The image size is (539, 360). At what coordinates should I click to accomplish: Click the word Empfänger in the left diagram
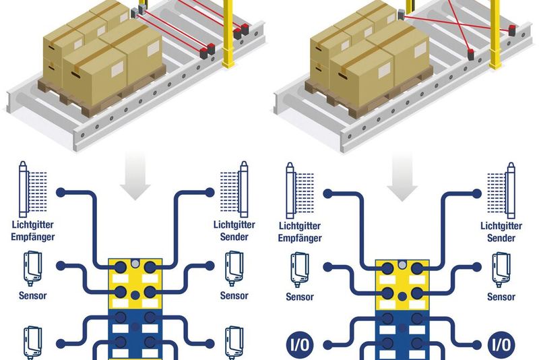(x=33, y=237)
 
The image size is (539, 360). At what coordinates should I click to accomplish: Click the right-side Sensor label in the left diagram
(x=234, y=295)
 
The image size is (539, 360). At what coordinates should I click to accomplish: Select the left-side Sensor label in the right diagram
(x=300, y=297)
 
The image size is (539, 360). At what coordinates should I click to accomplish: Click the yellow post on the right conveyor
(x=496, y=34)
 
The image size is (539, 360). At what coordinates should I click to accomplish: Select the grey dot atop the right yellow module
(x=403, y=262)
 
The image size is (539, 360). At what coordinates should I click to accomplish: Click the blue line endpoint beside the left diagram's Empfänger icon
(x=61, y=193)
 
